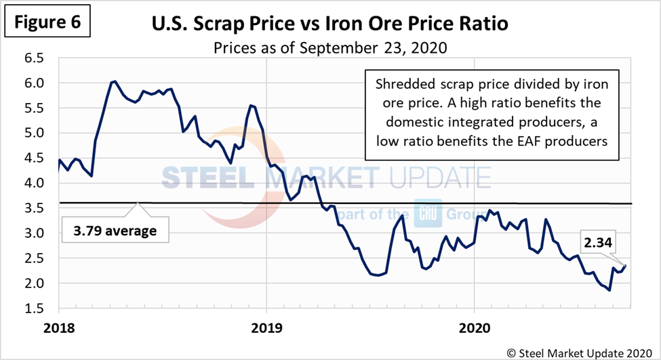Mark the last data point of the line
point(625,266)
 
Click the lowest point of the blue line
point(609,290)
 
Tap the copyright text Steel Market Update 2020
point(586,351)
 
